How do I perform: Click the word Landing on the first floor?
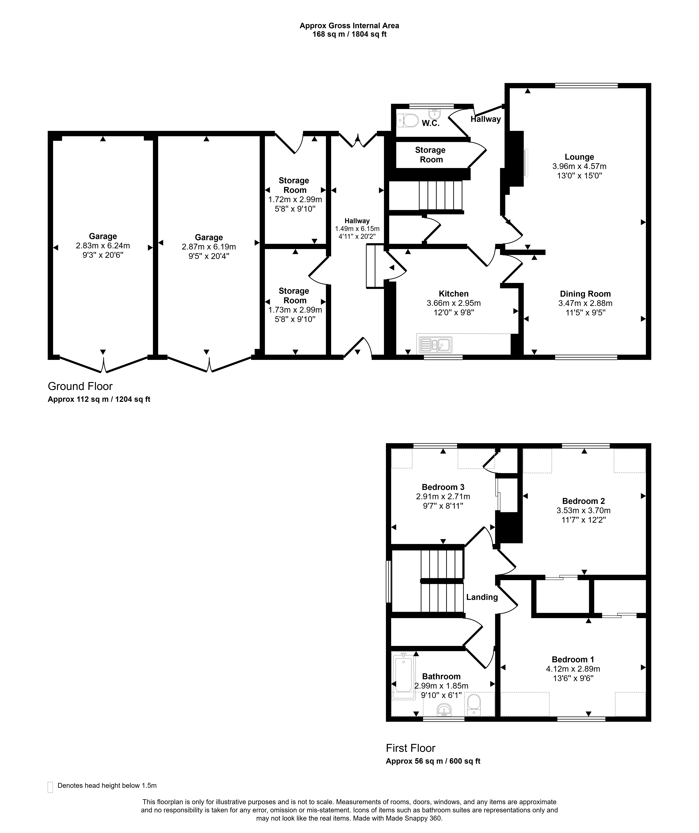coord(482,597)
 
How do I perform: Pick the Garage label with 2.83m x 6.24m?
coord(103,236)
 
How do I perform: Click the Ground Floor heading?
coord(80,386)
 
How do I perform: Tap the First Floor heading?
coord(411,748)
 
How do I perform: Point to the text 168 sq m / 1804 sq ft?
coord(349,34)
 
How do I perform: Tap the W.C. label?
coord(430,123)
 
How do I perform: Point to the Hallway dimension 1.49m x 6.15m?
coord(357,229)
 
